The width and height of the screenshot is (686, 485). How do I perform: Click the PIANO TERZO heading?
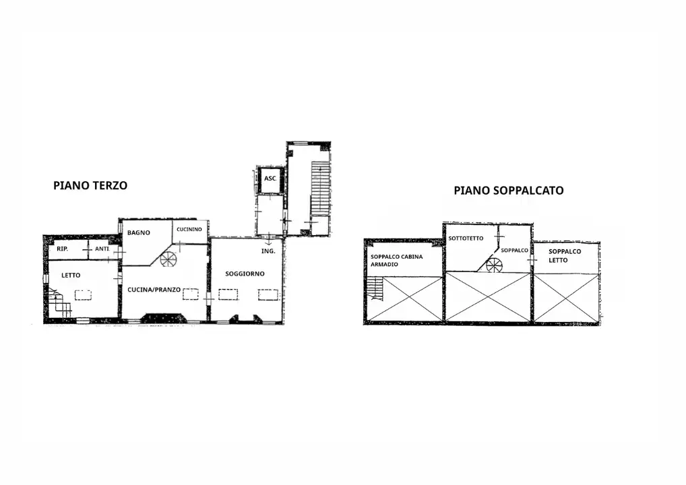(90, 185)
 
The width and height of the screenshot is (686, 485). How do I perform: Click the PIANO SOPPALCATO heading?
(508, 191)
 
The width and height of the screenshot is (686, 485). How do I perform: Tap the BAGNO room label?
(139, 232)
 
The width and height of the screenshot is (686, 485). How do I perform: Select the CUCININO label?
(189, 229)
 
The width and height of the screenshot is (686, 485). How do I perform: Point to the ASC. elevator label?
(270, 179)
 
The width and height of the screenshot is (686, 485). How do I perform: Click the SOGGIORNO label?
(245, 273)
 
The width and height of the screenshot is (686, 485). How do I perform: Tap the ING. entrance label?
(268, 251)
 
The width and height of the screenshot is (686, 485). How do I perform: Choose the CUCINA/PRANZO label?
(154, 290)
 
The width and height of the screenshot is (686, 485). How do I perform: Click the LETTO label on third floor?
(71, 275)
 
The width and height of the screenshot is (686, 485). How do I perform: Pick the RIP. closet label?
(62, 249)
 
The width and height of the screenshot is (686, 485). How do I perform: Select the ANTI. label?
(102, 249)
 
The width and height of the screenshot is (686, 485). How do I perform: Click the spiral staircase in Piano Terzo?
(168, 259)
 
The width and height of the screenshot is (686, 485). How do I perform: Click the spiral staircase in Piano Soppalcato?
(494, 265)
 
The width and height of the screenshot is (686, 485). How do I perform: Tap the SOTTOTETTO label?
(466, 238)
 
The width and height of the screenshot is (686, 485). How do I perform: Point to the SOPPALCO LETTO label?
(565, 256)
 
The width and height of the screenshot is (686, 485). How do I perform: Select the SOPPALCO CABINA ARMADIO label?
(397, 261)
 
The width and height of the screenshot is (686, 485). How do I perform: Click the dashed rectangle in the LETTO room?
(83, 295)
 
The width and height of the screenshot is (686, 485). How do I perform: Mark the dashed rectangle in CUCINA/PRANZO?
(191, 294)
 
